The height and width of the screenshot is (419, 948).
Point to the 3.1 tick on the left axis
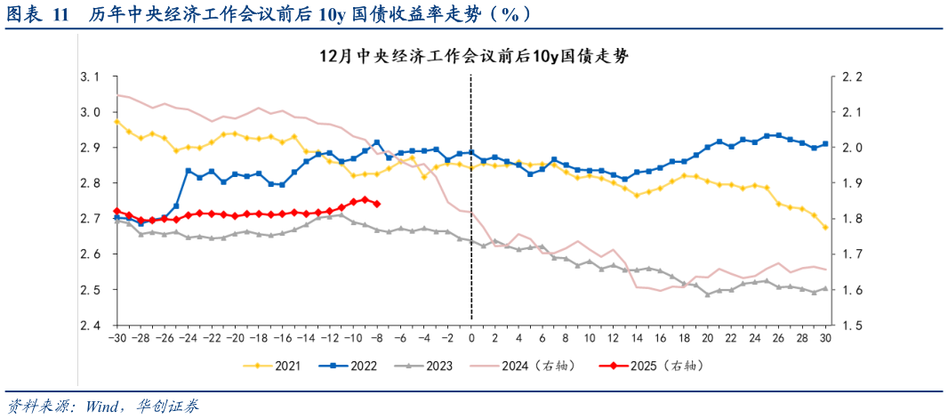pos(90,77)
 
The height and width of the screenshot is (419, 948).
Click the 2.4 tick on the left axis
pos(90,326)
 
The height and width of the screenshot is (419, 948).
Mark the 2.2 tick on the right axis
pos(852,77)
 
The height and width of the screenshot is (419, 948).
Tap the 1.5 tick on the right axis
pos(852,326)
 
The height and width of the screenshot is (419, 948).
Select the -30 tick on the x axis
pos(116,339)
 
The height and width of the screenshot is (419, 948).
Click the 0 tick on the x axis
pos(471,339)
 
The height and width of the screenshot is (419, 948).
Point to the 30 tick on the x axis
pos(825,339)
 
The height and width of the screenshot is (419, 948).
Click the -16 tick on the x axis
pos(282,339)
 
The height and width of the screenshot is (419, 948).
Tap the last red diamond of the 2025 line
pos(377,204)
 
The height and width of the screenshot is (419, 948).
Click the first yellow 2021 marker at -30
pos(116,122)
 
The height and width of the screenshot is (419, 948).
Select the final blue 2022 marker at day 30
pos(825,144)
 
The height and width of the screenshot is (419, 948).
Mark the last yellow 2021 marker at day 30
pos(825,228)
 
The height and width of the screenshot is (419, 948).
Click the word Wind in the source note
pos(107,406)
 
